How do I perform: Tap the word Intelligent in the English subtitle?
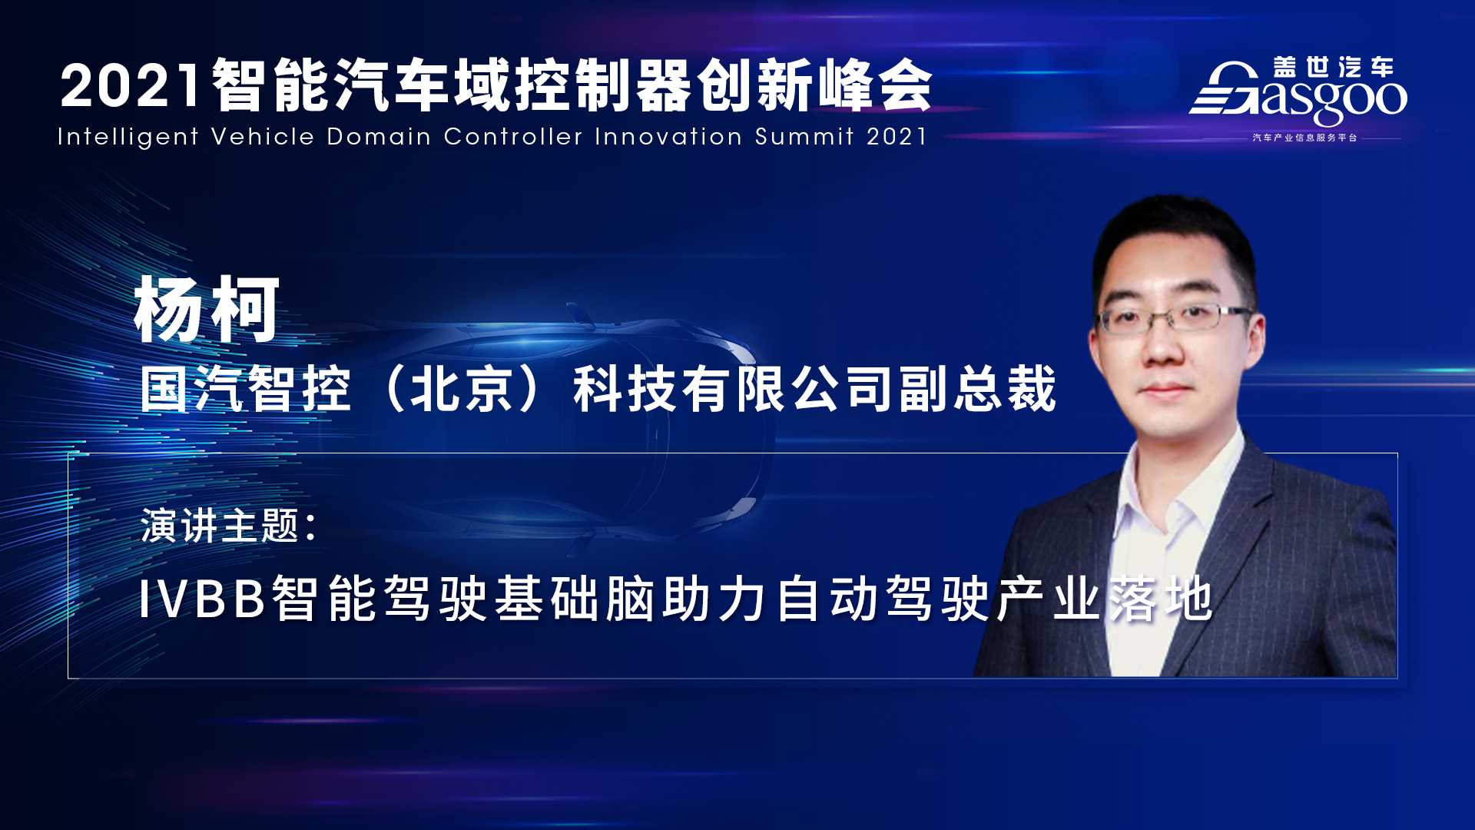point(128,137)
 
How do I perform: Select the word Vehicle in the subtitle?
point(263,136)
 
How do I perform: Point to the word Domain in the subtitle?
point(379,136)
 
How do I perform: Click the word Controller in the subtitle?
point(513,136)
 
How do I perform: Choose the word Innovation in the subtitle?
point(668,136)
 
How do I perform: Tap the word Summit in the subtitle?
point(804,136)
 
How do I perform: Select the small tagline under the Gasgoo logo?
point(1304,138)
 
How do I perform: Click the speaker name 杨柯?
point(207,310)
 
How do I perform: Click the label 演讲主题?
point(220,526)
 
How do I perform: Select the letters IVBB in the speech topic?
point(202,599)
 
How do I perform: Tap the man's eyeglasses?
point(1175,317)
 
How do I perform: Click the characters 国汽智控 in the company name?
point(246,389)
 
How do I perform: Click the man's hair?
point(1172,238)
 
